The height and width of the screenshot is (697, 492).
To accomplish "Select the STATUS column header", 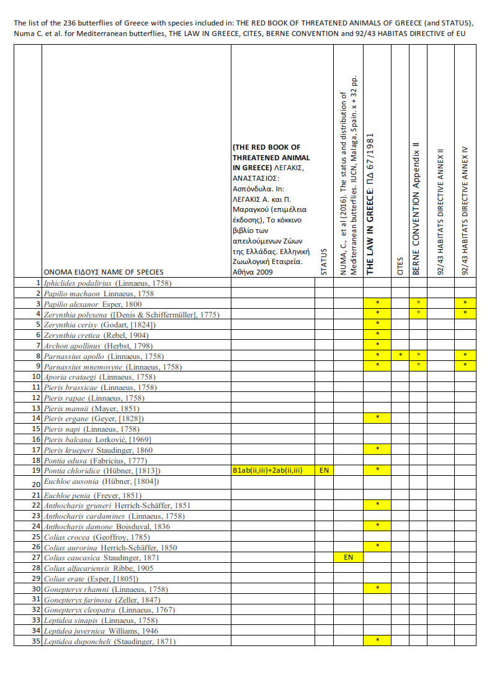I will tap(324, 261).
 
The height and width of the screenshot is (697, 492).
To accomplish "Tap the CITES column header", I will tap(400, 266).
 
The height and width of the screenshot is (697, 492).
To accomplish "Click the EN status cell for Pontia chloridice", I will tap(324, 470).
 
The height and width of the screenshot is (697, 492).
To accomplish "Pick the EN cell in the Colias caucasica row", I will tap(348, 557).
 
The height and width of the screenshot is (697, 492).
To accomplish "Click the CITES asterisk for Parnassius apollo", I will tap(400, 355).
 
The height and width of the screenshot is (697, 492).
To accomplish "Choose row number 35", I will tap(35, 641).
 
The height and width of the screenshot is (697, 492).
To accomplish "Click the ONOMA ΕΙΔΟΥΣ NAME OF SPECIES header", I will tap(104, 272).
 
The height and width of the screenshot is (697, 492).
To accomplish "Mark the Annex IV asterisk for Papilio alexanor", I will tap(465, 303).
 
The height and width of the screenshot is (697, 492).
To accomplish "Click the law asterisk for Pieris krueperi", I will tap(377, 449).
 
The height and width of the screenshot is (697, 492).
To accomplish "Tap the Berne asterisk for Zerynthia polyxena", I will tap(418, 314).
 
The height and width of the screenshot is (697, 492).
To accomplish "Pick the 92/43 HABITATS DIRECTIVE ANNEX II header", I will tap(441, 211).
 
